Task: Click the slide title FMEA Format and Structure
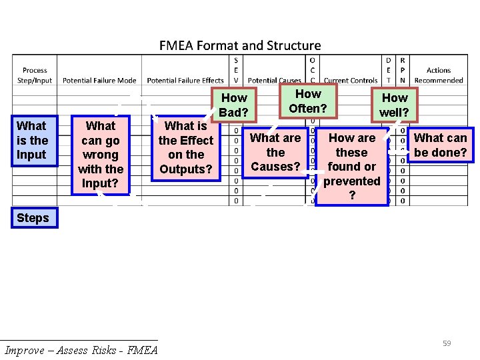coord(240,46)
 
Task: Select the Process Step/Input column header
coord(35,75)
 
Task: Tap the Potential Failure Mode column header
coord(99,81)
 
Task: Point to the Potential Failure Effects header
coord(185,81)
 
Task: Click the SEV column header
coord(236,70)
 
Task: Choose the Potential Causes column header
coord(275,81)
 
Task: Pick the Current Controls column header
coord(351,81)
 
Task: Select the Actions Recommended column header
coord(439,75)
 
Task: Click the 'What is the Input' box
coord(31,140)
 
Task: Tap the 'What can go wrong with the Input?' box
coord(101,155)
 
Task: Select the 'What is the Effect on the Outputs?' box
coord(186,147)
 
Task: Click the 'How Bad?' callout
coord(233,105)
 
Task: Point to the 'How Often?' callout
coord(308,101)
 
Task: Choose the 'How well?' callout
coord(395,105)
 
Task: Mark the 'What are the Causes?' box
coord(275,152)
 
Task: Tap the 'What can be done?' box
coord(441,145)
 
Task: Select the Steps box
coord(33,218)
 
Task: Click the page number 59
coord(447,343)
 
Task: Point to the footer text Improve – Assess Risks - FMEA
coord(81,351)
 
